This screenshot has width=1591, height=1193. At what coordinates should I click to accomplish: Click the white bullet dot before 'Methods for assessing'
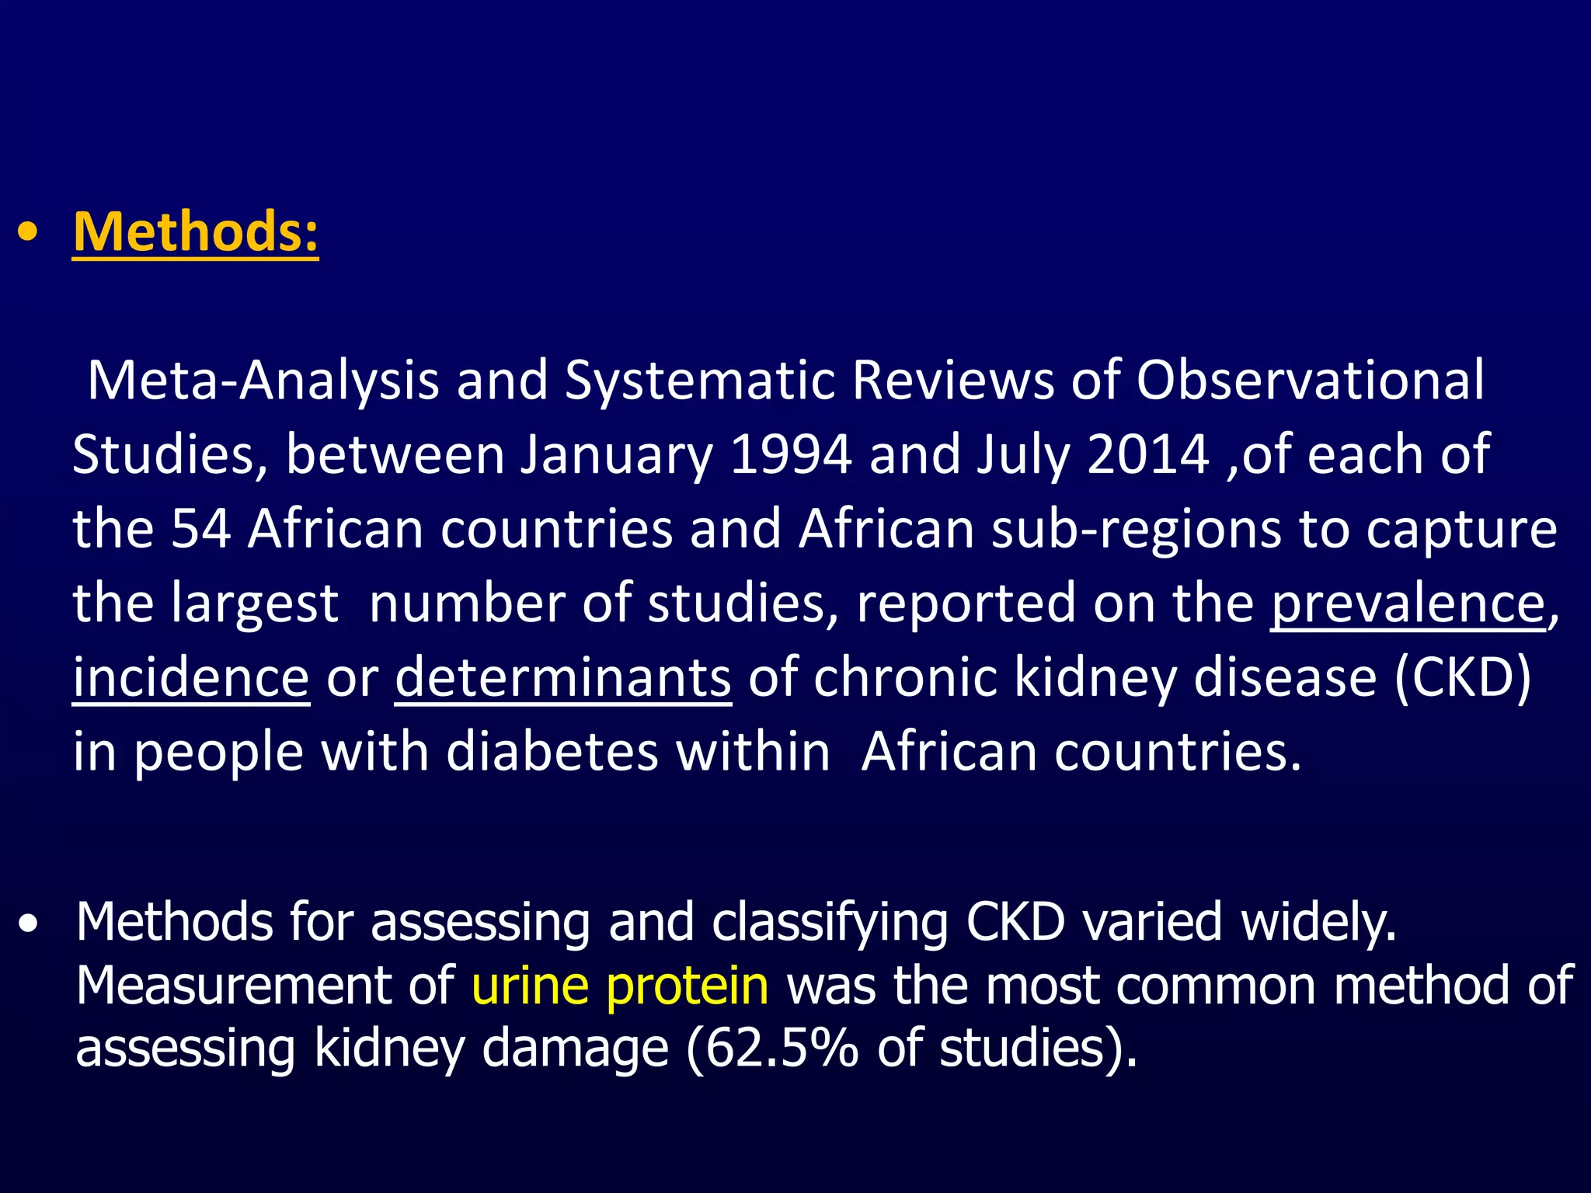29,924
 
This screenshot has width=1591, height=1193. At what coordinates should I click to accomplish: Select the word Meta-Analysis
263,381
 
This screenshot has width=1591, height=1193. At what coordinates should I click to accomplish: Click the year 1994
791,454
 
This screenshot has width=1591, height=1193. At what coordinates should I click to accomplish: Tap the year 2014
1147,454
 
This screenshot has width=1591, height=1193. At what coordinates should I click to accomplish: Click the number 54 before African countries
201,529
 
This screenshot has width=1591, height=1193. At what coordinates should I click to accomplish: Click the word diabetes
552,752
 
